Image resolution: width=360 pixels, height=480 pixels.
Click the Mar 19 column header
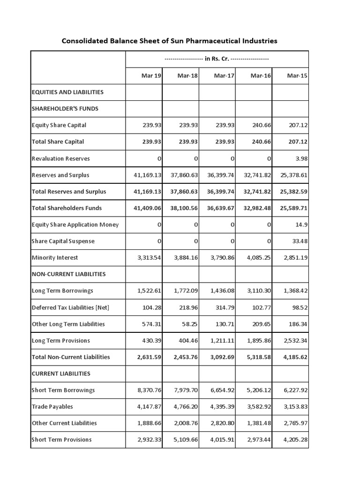151,75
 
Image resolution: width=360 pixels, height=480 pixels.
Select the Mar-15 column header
297,75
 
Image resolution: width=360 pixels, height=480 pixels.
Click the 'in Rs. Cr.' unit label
217,59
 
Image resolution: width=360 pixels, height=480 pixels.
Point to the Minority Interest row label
55,257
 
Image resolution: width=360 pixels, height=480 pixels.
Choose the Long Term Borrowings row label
62,291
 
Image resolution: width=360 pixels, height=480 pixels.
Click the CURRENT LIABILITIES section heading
61,374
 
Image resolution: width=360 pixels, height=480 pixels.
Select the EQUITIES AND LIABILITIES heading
67,92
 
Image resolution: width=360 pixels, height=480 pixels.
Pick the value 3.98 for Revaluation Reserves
301,158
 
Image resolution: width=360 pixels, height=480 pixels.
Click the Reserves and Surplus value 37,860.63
181,175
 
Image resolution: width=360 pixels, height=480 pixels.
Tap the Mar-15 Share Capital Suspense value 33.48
300,241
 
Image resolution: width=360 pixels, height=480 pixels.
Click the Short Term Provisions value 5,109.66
184,440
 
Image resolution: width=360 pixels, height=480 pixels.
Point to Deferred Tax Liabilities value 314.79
224,307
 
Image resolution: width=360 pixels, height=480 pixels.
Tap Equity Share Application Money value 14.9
301,225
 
